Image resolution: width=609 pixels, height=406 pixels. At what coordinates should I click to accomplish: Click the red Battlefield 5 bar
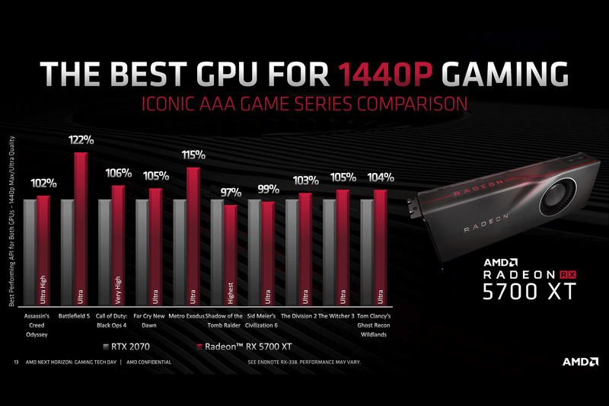pyautogui.click(x=80, y=229)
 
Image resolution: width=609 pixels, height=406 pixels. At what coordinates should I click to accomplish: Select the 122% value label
pyautogui.click(x=80, y=140)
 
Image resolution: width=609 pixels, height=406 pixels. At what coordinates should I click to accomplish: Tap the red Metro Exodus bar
pyautogui.click(x=192, y=236)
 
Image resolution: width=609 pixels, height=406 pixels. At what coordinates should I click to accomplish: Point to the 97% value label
pyautogui.click(x=230, y=192)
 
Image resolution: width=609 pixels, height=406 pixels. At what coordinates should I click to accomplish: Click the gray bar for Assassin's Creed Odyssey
pyautogui.click(x=30, y=251)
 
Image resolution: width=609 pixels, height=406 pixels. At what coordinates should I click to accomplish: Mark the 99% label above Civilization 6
pyautogui.click(x=266, y=189)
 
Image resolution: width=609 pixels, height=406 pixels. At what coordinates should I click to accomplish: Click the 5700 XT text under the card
pyautogui.click(x=528, y=291)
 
